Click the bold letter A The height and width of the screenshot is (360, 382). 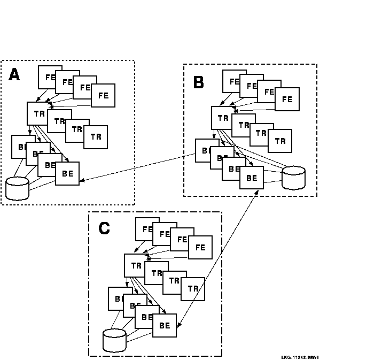(14, 75)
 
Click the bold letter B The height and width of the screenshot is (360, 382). (198, 82)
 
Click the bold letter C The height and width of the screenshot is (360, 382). (104, 228)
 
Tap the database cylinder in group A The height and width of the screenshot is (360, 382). (17, 188)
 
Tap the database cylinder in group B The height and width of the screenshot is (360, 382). (293, 178)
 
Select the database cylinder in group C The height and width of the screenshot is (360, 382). (114, 340)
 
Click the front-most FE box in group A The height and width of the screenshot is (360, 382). (103, 95)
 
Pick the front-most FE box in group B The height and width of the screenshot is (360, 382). (287, 99)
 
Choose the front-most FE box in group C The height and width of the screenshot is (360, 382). (200, 247)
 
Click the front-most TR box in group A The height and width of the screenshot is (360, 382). (96, 137)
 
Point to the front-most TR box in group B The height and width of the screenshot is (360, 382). (280, 141)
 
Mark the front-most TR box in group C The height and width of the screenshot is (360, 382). (193, 289)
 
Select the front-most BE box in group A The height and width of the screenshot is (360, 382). (67, 173)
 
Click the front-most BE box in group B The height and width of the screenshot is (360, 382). (251, 177)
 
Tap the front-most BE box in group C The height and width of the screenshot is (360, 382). (165, 325)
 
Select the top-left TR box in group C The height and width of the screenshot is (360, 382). (135, 265)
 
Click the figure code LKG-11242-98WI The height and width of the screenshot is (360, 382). (300, 357)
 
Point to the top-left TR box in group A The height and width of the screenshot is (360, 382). (38, 113)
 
